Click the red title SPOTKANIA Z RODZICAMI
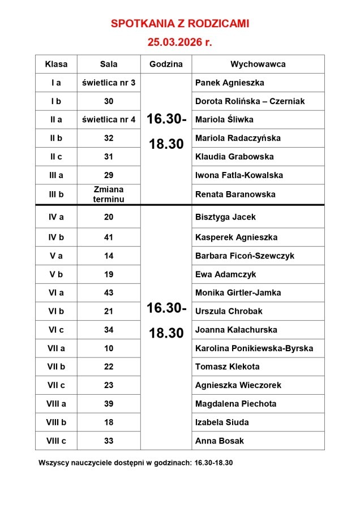(x=179, y=24)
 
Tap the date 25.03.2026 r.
(x=179, y=42)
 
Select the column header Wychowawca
(x=258, y=64)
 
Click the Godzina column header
(x=166, y=64)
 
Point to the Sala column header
(x=109, y=64)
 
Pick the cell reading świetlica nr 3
(x=109, y=83)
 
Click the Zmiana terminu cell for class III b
(x=109, y=194)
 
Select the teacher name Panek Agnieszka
(x=229, y=83)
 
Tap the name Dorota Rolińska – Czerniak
(x=250, y=101)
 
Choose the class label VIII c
(x=56, y=441)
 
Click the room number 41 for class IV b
(x=109, y=237)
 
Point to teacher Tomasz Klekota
(x=227, y=366)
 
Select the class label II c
(x=56, y=157)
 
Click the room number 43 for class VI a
(x=109, y=292)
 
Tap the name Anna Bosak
(x=219, y=441)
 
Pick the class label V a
(x=56, y=256)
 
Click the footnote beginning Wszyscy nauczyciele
(x=136, y=462)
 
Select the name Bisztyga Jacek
(x=225, y=217)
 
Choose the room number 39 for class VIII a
(x=109, y=404)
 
